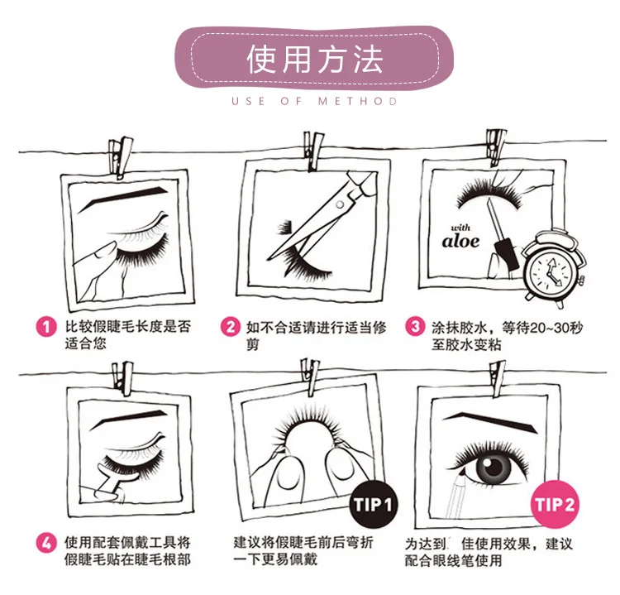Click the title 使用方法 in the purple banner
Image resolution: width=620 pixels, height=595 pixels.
coord(315,60)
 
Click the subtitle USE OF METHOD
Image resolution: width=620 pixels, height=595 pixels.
coord(314,101)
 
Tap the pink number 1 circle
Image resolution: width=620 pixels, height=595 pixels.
coord(46,327)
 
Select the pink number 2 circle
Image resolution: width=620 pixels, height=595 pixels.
coord(231,327)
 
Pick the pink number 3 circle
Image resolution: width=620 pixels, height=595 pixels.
coord(415,327)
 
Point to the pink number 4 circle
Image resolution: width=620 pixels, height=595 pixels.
coord(46,543)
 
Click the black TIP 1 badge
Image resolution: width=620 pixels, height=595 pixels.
coord(373,505)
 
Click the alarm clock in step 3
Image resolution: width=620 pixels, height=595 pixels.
coord(553,269)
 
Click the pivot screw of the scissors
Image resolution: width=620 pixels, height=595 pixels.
coord(339,204)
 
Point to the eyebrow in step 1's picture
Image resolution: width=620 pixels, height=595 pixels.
coord(123,197)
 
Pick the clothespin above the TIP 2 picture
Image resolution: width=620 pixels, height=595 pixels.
coord(496,378)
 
